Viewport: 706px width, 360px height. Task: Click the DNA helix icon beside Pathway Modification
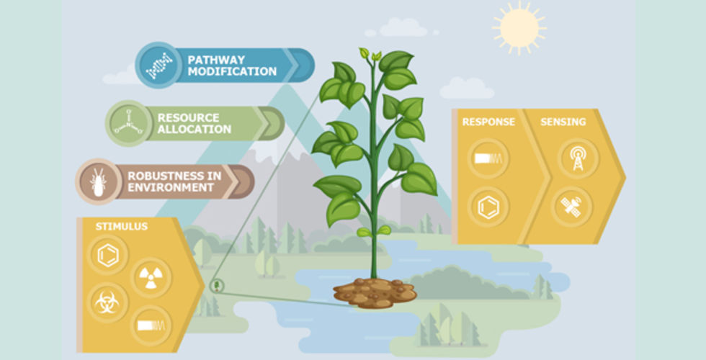click(x=159, y=66)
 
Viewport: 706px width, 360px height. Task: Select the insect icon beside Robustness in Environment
click(x=98, y=181)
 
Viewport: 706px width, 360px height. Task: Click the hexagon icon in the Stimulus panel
click(x=108, y=255)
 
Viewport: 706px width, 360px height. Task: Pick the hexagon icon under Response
click(x=488, y=207)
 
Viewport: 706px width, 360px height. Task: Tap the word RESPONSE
click(x=488, y=122)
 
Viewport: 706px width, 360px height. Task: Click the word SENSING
click(x=563, y=122)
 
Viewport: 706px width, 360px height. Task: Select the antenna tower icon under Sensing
click(x=578, y=158)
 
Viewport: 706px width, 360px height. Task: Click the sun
click(x=519, y=28)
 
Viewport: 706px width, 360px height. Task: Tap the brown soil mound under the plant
click(x=375, y=292)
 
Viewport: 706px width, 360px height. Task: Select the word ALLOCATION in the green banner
click(x=194, y=129)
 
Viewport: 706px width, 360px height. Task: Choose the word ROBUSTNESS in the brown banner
click(x=174, y=176)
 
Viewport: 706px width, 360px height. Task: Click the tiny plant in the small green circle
click(x=217, y=285)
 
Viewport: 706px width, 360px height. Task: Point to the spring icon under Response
click(x=488, y=158)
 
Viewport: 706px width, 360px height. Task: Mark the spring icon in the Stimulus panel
click(x=151, y=325)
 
